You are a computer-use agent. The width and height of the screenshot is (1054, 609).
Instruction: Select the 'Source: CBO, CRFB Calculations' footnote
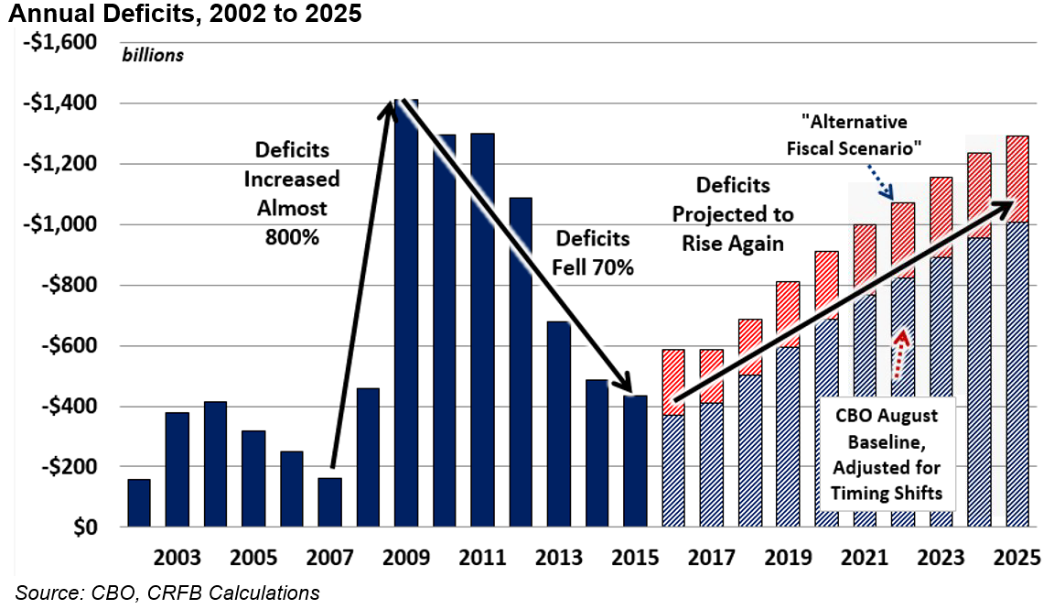click(167, 593)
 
